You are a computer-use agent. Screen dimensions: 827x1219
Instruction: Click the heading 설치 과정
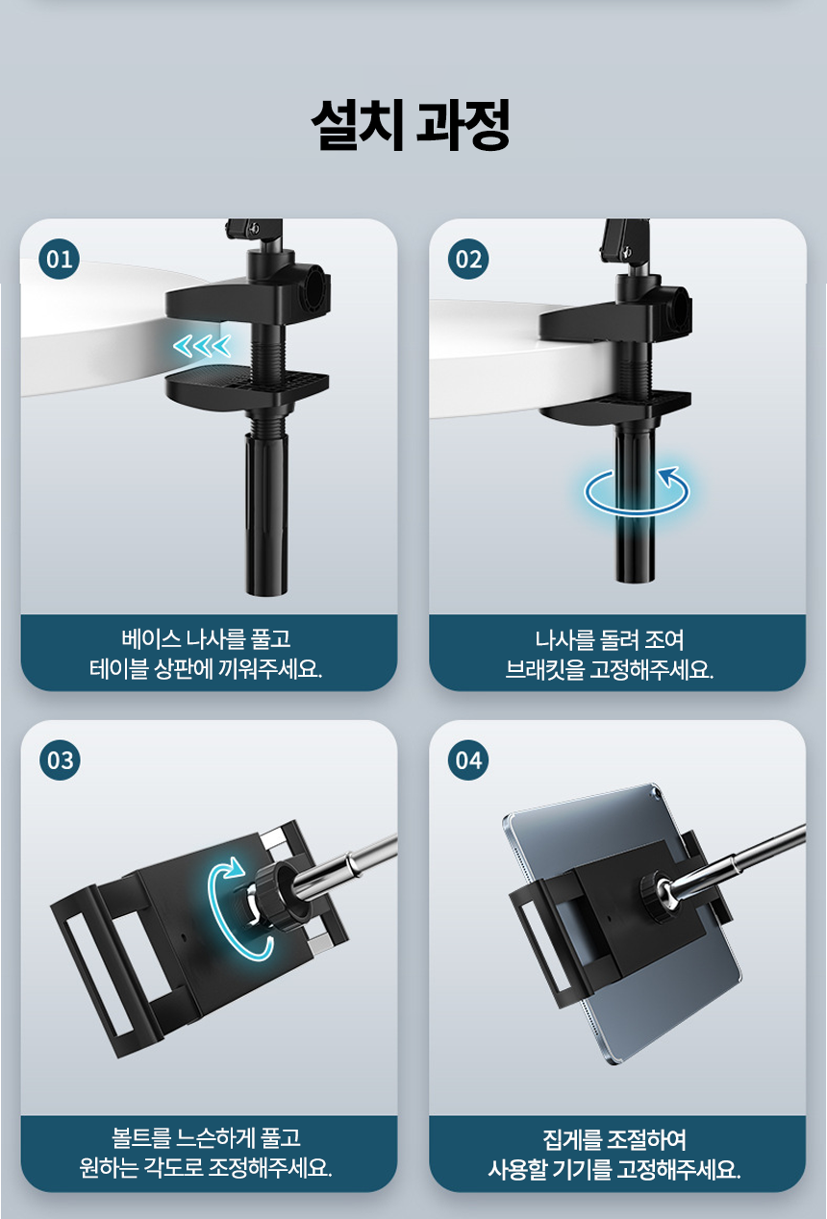(411, 125)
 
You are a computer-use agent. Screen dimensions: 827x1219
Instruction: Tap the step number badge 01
(59, 259)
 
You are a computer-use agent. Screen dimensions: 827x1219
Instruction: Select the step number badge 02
(468, 259)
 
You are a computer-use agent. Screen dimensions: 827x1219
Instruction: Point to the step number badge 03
(60, 759)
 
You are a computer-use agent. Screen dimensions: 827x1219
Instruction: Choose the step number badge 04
(468, 759)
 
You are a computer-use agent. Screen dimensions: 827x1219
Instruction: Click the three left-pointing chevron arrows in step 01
(202, 345)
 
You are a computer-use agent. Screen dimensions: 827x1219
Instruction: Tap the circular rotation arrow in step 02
(637, 489)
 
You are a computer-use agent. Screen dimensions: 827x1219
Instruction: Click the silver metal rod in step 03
(346, 862)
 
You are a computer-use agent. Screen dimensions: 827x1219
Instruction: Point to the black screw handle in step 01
(266, 511)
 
